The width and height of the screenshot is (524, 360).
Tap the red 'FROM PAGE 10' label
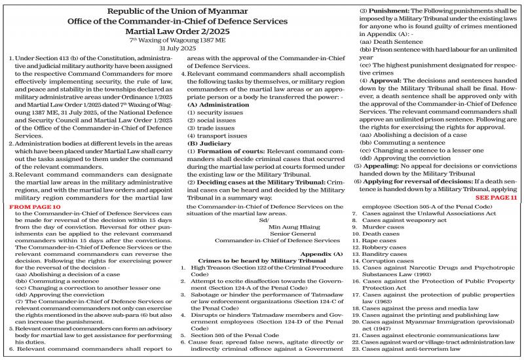pyautogui.click(x=37, y=206)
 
